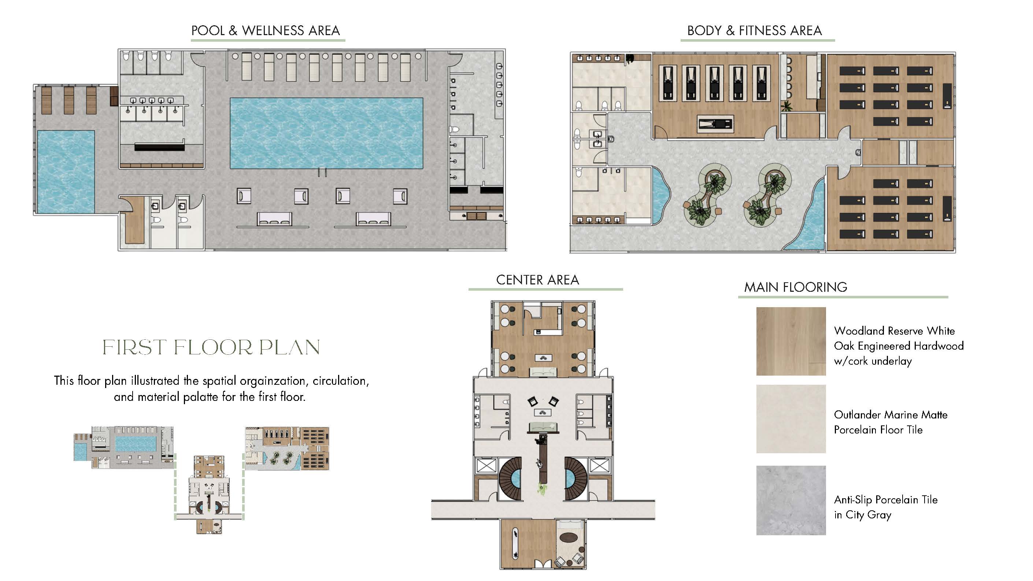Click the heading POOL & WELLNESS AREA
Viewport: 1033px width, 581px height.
pyautogui.click(x=266, y=31)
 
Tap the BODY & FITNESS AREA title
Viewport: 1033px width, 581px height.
pyautogui.click(x=754, y=31)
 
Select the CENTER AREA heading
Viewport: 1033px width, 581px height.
pyautogui.click(x=537, y=280)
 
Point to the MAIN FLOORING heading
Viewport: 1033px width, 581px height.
pyautogui.click(x=796, y=287)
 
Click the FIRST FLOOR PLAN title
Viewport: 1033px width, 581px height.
pyautogui.click(x=211, y=347)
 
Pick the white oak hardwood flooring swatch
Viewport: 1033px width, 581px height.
pyautogui.click(x=791, y=341)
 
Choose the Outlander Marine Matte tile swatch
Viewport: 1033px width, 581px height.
pyautogui.click(x=791, y=419)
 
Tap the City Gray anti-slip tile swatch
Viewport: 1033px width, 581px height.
pyautogui.click(x=791, y=500)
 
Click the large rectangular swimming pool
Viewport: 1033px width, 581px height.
pyautogui.click(x=326, y=133)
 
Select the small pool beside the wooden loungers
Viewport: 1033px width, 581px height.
pyautogui.click(x=66, y=171)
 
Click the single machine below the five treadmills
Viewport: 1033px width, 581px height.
pyautogui.click(x=715, y=124)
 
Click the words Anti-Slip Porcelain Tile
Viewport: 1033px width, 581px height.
pyautogui.click(x=885, y=500)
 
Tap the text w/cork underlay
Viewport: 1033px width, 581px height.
pyautogui.click(x=873, y=361)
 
